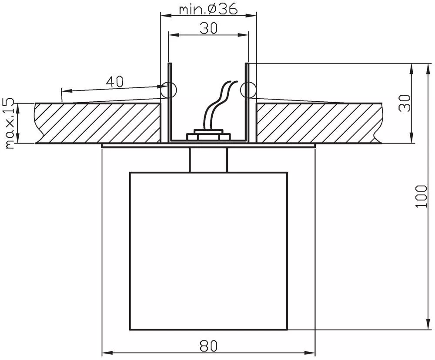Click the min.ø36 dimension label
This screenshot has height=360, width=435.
pyautogui.click(x=208, y=9)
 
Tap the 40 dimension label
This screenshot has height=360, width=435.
pyautogui.click(x=114, y=82)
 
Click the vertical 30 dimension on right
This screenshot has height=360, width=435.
pyautogui.click(x=405, y=103)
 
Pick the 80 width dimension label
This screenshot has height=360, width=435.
pyautogui.click(x=209, y=346)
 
